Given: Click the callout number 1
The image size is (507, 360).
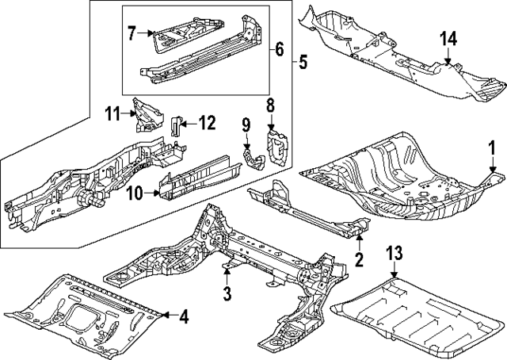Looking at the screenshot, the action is [492, 149].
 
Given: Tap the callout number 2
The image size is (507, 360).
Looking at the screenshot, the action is [359, 259].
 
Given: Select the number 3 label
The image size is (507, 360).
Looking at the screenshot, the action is [227, 293].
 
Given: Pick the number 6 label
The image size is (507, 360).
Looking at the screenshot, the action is [280, 49].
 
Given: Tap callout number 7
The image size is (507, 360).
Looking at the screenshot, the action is [132, 33].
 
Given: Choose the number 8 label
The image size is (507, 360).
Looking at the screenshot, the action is [270, 105].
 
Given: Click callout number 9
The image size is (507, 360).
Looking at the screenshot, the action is [246, 125].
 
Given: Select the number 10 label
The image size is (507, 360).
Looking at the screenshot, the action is [135, 194].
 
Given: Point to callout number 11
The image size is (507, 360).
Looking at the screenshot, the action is [112, 114].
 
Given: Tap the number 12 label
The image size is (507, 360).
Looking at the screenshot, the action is [206, 123].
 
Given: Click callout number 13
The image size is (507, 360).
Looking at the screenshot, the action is [395, 253].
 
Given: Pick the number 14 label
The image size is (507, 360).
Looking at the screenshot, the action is [448, 39].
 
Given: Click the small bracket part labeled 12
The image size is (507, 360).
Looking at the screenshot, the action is [176, 125].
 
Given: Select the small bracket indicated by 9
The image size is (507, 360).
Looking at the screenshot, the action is [253, 158].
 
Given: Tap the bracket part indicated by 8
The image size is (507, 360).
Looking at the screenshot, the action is [277, 147].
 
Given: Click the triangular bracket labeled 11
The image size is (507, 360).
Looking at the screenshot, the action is [147, 115].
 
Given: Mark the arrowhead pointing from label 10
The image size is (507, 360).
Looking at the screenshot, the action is [158, 193].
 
